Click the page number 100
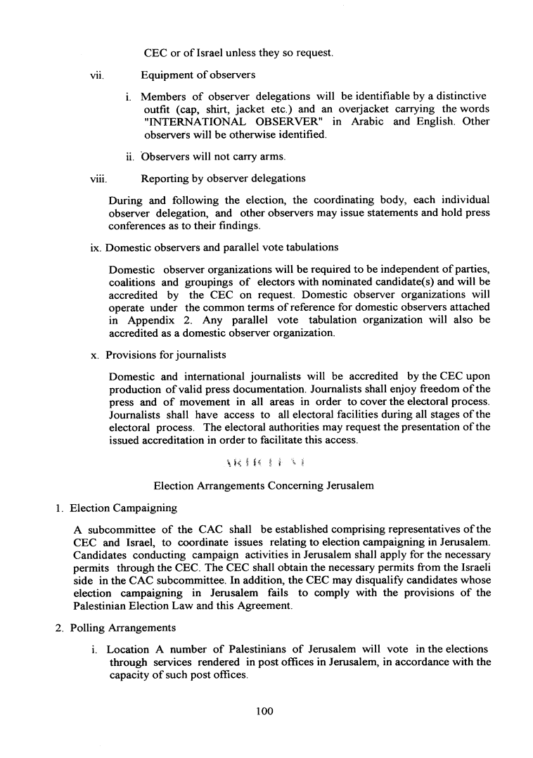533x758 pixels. click(x=264, y=712)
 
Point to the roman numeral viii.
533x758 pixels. click(x=89, y=179)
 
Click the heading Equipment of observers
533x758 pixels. click(x=198, y=75)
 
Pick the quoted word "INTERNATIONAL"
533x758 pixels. click(x=194, y=122)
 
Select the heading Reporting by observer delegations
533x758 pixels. click(x=223, y=179)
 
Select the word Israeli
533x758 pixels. click(x=473, y=567)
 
